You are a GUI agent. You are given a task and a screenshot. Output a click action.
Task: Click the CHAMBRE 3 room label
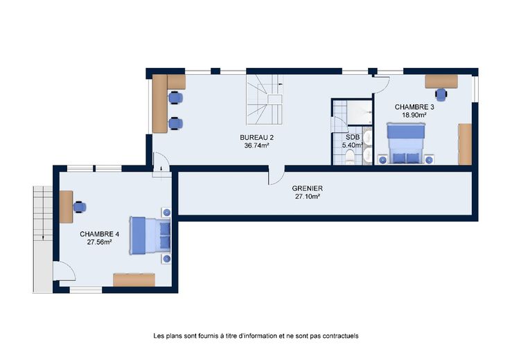click(x=414, y=107)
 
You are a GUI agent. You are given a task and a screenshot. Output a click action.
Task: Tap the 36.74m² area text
click(x=256, y=146)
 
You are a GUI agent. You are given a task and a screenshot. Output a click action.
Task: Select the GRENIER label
click(x=308, y=188)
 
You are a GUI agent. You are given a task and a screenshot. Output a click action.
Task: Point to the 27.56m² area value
click(x=100, y=242)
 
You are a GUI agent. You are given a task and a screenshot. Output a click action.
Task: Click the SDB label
click(x=353, y=138)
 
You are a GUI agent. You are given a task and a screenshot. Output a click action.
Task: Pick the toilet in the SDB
click(x=351, y=156)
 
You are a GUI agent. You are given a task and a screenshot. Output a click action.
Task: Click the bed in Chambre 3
click(x=405, y=143)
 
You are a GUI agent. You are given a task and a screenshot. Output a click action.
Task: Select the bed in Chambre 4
click(x=150, y=235)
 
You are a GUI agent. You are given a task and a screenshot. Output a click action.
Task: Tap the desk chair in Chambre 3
click(x=441, y=94)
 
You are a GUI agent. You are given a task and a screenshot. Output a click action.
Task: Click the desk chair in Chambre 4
click(x=80, y=207)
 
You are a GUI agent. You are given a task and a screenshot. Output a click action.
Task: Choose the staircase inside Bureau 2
click(x=264, y=100)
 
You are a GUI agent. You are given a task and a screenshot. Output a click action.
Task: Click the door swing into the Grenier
click(x=276, y=175)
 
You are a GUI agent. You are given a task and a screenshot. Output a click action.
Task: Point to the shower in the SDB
click(x=360, y=112)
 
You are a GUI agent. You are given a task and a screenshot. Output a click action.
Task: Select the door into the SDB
click(x=339, y=125)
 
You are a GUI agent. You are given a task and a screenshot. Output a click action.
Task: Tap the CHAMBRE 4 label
click(x=100, y=234)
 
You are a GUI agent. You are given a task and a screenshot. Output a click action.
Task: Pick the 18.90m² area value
click(x=414, y=115)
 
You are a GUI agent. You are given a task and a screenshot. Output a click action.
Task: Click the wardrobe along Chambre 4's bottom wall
click(x=134, y=280)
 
